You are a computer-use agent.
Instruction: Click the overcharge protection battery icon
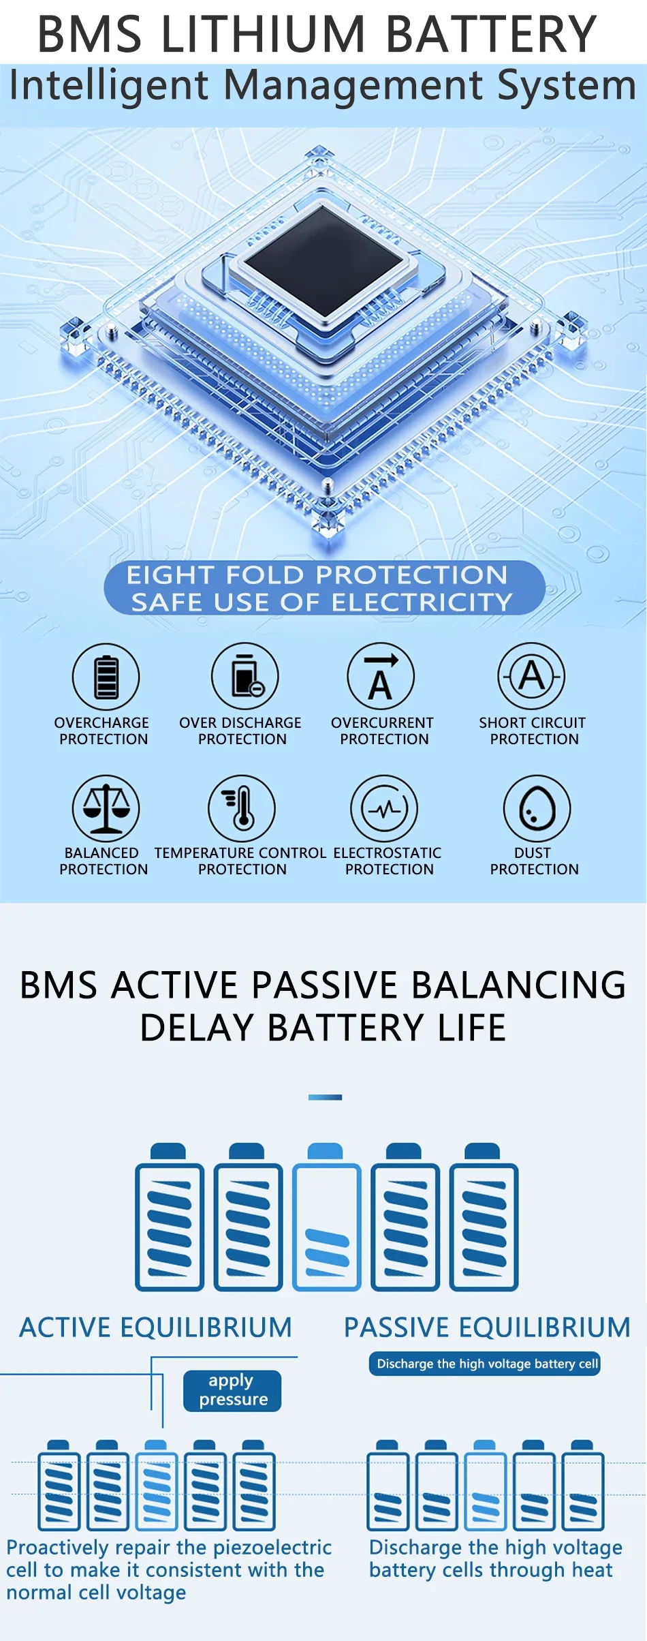point(106,677)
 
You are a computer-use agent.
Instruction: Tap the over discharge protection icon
point(245,676)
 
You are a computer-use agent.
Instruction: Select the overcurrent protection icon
point(381,676)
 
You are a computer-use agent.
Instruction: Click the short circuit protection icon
point(531,676)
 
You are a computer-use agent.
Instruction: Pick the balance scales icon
point(106,808)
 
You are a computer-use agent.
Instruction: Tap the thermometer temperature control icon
point(242,808)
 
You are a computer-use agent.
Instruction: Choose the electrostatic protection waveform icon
point(384,809)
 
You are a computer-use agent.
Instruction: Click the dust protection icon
point(537,809)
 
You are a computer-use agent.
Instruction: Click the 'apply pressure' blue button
point(232,1390)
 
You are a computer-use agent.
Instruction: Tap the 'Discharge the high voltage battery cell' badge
point(485,1364)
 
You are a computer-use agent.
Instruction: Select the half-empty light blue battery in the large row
point(327,1217)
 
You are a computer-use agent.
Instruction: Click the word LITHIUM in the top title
point(265,33)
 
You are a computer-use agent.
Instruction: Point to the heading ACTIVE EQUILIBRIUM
point(155,1328)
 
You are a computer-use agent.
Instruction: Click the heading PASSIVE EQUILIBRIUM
point(487,1328)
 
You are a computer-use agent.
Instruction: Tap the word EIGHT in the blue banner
point(171,575)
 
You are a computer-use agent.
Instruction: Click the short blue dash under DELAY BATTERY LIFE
point(325,1097)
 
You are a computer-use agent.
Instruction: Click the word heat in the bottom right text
point(592,1570)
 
